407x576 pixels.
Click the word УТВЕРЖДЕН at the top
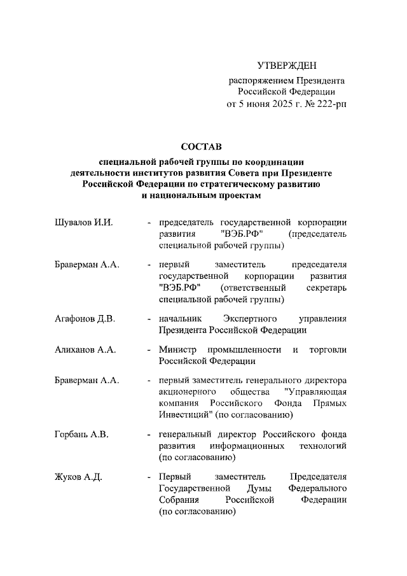click(x=287, y=66)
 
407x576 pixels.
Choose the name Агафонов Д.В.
click(x=85, y=319)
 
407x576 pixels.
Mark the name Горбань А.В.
click(x=81, y=434)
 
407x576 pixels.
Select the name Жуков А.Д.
click(x=79, y=477)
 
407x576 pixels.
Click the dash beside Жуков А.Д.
click(x=149, y=477)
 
